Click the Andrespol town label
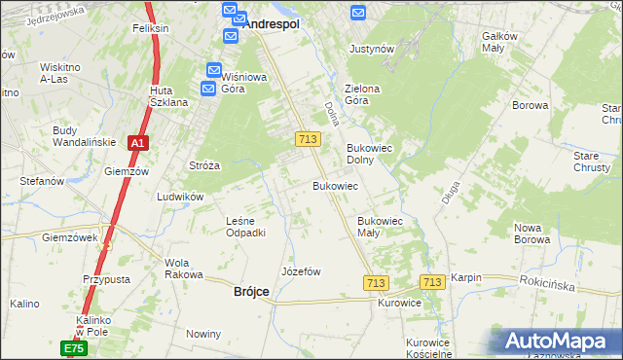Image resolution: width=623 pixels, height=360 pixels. pyautogui.click(x=272, y=21)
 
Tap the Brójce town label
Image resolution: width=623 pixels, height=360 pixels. pyautogui.click(x=251, y=291)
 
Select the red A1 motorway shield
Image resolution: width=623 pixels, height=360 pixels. pyautogui.click(x=138, y=143)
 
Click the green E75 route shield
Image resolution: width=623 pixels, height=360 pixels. pyautogui.click(x=74, y=347)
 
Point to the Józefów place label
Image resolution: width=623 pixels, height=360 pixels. pyautogui.click(x=301, y=271)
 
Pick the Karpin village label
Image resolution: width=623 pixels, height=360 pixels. pyautogui.click(x=466, y=277)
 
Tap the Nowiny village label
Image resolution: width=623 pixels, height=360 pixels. pyautogui.click(x=203, y=334)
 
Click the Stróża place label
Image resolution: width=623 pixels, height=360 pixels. pyautogui.click(x=204, y=165)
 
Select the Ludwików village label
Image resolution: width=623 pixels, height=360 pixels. pyautogui.click(x=179, y=196)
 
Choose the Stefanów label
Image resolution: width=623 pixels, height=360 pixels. pyautogui.click(x=42, y=181)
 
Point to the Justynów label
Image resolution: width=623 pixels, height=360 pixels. pyautogui.click(x=371, y=48)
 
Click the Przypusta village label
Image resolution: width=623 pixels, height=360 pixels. pyautogui.click(x=106, y=278)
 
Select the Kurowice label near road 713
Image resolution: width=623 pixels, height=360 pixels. pyautogui.click(x=400, y=303)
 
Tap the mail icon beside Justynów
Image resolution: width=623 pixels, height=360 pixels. pyautogui.click(x=358, y=13)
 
